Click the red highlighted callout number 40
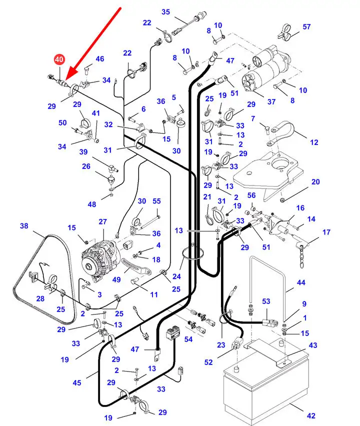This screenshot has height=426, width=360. (59, 59)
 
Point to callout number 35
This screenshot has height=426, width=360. (165, 12)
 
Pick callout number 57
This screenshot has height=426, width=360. (306, 26)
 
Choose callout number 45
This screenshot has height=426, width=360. (76, 383)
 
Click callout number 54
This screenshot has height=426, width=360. (188, 339)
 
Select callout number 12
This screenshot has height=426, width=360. (314, 142)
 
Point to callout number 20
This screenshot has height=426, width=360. (315, 182)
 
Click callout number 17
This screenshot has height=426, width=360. (326, 232)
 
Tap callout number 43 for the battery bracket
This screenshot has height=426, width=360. (313, 345)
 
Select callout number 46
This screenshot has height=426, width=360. (100, 59)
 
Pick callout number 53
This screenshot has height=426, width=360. (266, 301)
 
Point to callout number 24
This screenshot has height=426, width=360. (176, 276)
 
